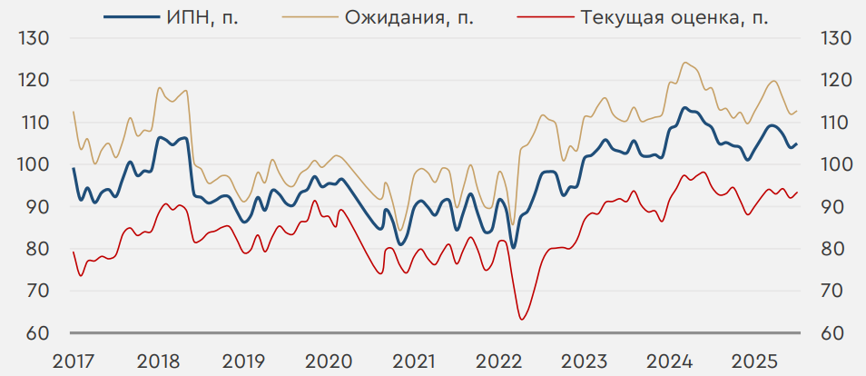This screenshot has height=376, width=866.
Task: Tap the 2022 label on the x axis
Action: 497,361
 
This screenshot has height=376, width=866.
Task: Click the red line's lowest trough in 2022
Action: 522,319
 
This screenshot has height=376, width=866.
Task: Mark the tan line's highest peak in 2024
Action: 684,63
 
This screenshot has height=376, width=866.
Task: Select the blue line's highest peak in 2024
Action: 684,108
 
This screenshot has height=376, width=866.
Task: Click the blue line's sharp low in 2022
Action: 514,247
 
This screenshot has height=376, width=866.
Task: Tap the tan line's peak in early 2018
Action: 160,87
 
